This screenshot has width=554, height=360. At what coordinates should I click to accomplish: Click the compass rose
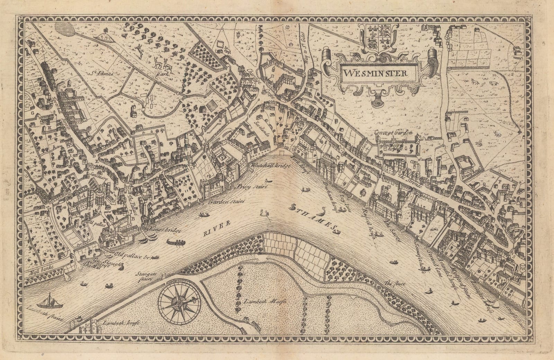(179, 303)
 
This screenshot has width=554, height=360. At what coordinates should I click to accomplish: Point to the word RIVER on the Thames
(216, 230)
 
